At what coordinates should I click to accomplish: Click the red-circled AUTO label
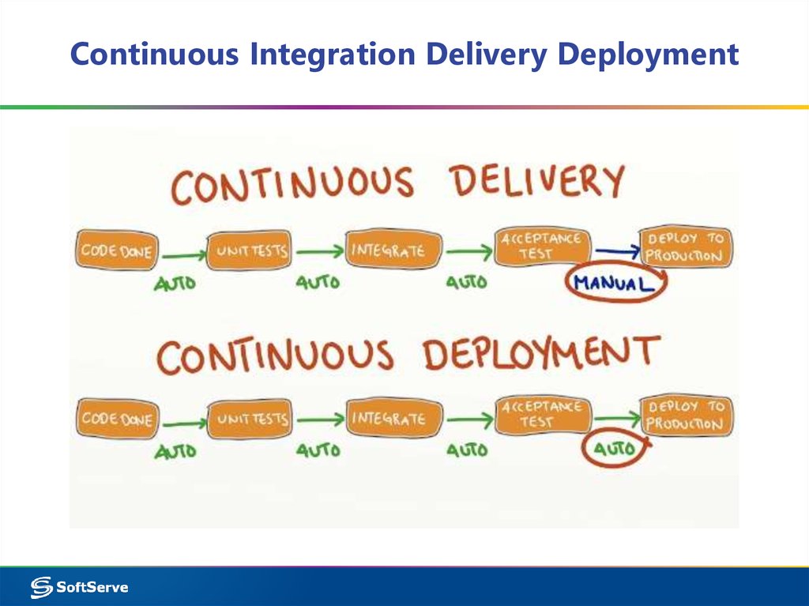pyautogui.click(x=614, y=450)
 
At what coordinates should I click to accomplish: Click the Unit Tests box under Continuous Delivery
pyautogui.click(x=250, y=252)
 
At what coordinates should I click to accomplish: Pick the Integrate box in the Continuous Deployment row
pyautogui.click(x=387, y=418)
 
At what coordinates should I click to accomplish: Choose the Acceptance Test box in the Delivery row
pyautogui.click(x=542, y=246)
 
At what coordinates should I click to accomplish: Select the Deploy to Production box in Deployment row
pyautogui.click(x=685, y=415)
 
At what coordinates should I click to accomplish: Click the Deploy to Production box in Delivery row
pyautogui.click(x=685, y=247)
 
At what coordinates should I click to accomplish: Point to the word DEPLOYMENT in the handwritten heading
pyautogui.click(x=540, y=353)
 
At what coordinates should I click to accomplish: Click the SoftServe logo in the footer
pyautogui.click(x=79, y=587)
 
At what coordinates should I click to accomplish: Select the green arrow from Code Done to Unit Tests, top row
pyautogui.click(x=182, y=255)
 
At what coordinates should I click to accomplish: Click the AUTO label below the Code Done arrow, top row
pyautogui.click(x=175, y=283)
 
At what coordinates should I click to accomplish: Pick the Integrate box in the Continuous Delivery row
pyautogui.click(x=387, y=250)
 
